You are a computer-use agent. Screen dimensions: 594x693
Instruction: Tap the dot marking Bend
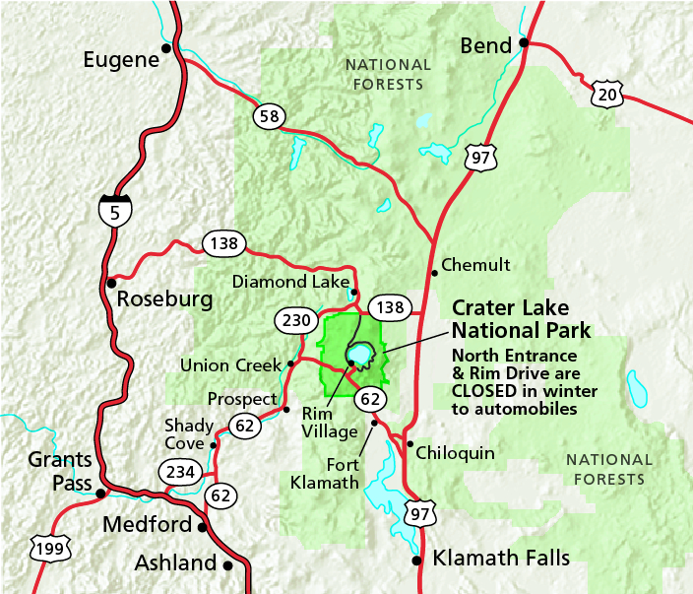tap(525, 42)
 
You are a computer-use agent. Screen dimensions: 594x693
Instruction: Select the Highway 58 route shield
tap(268, 116)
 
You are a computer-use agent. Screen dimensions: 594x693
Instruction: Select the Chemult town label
tap(475, 264)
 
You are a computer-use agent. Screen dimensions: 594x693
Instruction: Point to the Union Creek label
tap(232, 364)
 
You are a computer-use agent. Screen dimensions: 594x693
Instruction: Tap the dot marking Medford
tap(204, 526)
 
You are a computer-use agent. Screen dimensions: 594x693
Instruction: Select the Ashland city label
tap(174, 563)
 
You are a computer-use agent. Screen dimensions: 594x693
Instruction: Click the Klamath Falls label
tap(501, 559)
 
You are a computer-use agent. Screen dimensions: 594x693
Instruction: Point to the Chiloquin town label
tap(455, 453)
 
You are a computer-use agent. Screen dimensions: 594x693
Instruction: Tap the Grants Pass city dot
tap(100, 493)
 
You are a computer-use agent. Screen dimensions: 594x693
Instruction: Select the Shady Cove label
tap(189, 434)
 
